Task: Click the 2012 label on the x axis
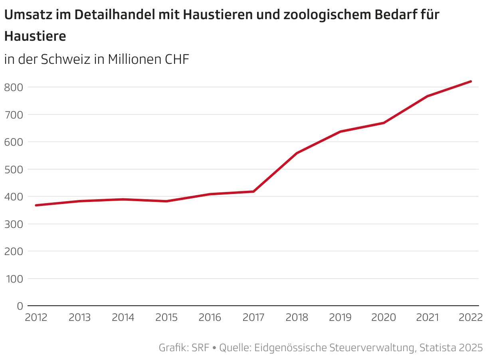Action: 36,318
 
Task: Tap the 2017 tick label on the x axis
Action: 253,318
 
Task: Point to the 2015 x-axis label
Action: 166,318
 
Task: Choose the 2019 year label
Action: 341,318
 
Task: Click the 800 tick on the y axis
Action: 14,87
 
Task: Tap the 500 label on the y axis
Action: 14,169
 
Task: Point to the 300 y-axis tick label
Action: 14,224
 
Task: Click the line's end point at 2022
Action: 471,81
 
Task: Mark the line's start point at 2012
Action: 36,205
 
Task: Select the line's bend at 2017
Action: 253,192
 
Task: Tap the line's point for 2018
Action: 297,153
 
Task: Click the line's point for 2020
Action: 384,123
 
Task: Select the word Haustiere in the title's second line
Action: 35,36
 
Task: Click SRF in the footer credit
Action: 200,348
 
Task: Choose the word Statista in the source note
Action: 437,348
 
